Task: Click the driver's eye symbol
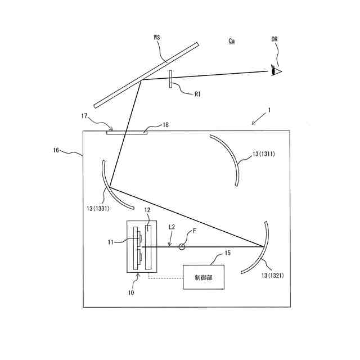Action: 276,70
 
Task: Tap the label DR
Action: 274,40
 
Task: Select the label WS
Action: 157,38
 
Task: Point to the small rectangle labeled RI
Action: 170,79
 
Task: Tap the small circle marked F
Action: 182,246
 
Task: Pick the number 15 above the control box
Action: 227,254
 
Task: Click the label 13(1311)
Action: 263,153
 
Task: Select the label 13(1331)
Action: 95,208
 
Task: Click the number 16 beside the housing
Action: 56,151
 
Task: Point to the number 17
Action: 84,116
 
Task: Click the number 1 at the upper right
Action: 269,111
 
